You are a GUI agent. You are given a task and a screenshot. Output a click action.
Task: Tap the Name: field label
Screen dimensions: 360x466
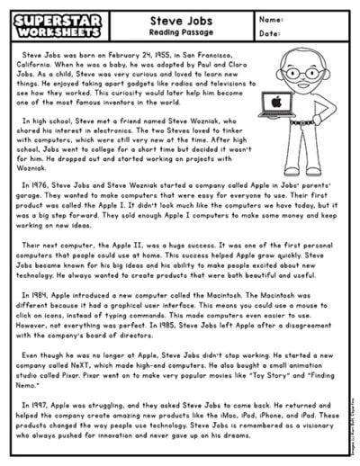pos(269,18)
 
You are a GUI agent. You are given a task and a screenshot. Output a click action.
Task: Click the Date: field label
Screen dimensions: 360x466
pos(268,33)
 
